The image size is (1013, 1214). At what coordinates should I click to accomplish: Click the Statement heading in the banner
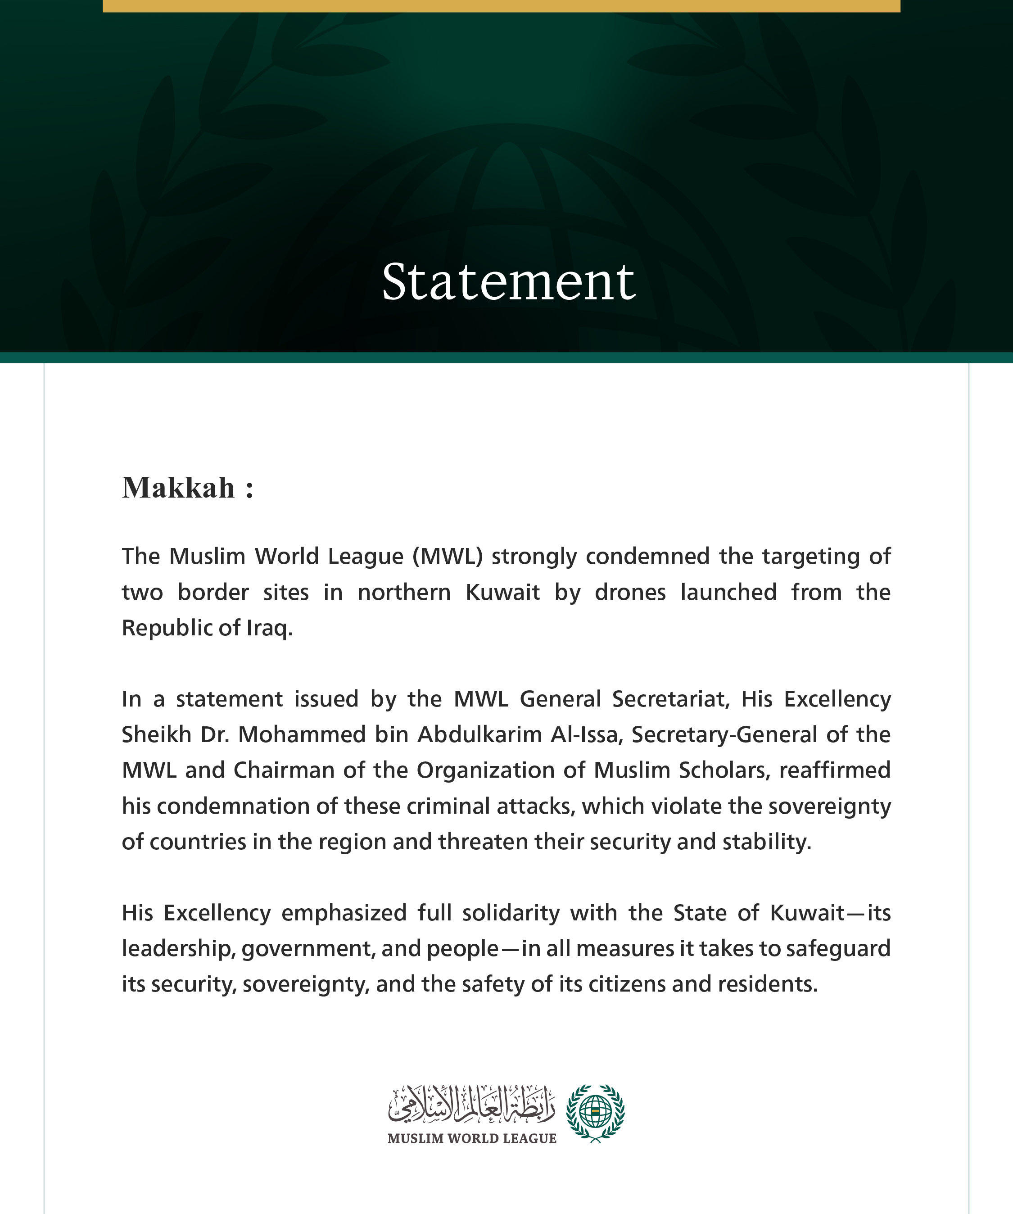[508, 281]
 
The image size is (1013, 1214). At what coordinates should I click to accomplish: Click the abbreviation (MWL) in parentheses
[447, 556]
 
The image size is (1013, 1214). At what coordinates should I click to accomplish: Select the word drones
[630, 593]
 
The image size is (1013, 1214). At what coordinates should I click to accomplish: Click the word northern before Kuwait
[404, 593]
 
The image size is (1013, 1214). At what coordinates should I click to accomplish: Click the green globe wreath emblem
[595, 1113]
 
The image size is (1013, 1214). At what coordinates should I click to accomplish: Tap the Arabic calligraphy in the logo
[471, 1104]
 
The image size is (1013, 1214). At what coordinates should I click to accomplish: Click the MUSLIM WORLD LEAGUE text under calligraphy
[471, 1138]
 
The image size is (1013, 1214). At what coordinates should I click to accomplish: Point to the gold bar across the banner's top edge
[501, 6]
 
